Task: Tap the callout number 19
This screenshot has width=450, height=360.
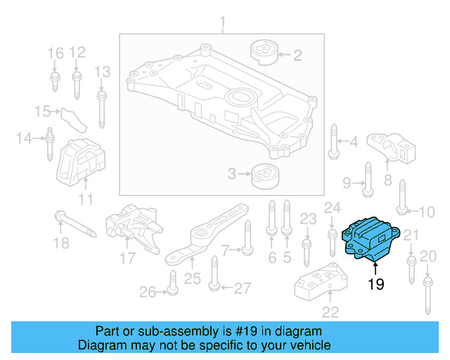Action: tap(375, 285)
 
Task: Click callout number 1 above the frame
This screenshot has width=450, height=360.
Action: tap(224, 26)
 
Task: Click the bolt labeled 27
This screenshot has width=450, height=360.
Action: tap(214, 281)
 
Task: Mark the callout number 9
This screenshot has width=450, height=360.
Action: tap(347, 183)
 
